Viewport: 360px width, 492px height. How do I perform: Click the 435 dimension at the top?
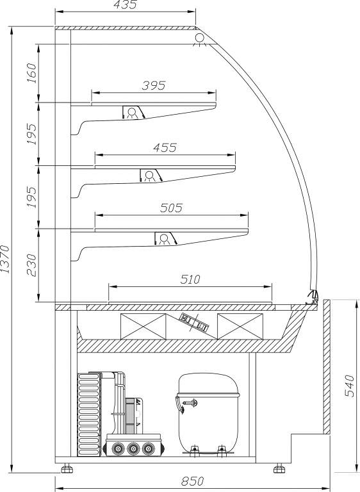(x=125, y=4)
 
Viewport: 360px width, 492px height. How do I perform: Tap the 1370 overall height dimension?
(x=5, y=259)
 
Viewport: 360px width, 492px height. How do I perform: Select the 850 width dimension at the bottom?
(x=193, y=480)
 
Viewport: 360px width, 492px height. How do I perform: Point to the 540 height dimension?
(x=349, y=386)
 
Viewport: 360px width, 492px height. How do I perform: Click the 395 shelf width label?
(x=154, y=85)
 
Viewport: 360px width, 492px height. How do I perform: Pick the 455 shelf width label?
(x=165, y=147)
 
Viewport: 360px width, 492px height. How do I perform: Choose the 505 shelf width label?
(x=171, y=208)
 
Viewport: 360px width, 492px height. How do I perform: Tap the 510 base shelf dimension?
(x=190, y=279)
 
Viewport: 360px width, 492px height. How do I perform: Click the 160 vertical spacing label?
(x=31, y=73)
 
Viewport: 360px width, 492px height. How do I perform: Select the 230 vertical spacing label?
(x=31, y=265)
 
